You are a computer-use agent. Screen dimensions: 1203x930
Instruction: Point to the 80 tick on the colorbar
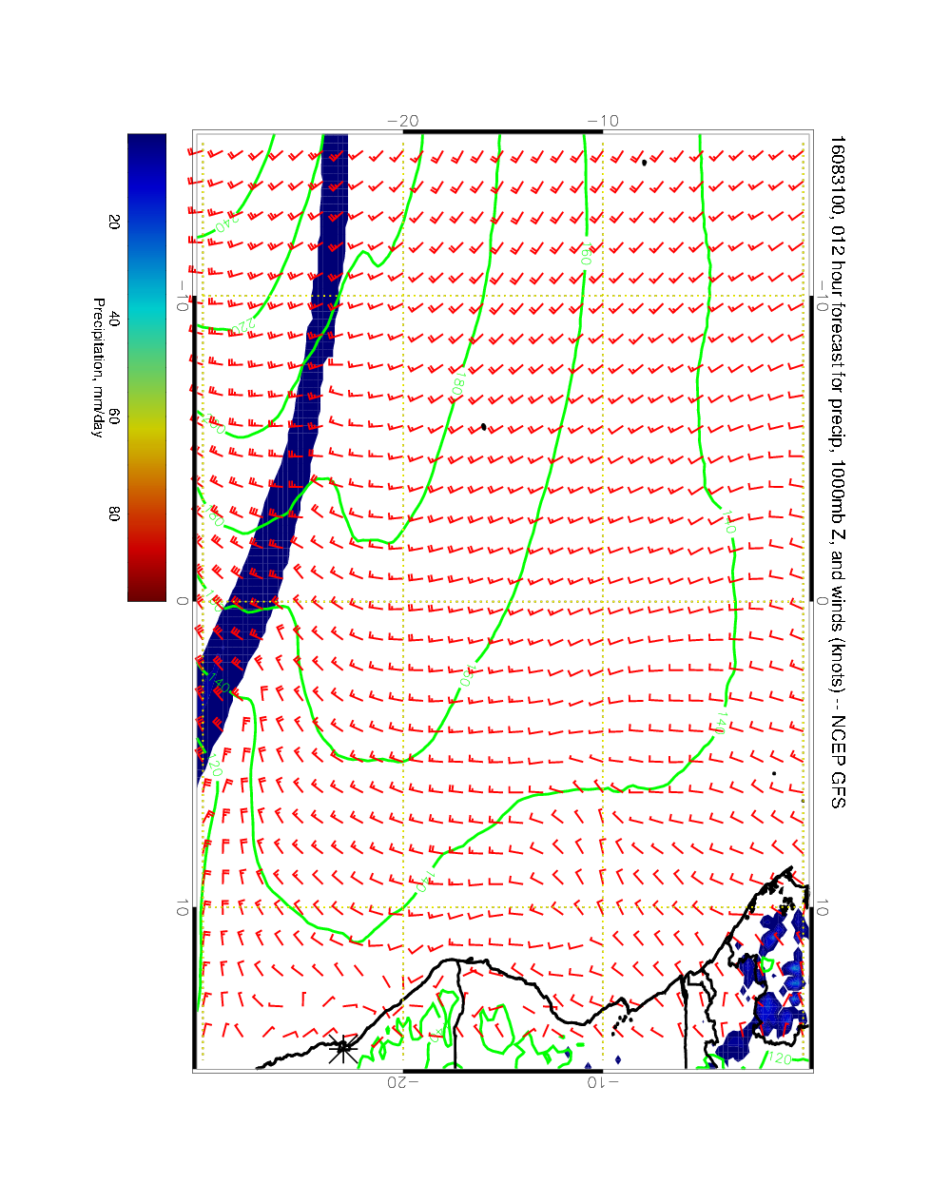pos(114,514)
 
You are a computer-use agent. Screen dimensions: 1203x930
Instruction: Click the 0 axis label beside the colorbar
pos(183,601)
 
